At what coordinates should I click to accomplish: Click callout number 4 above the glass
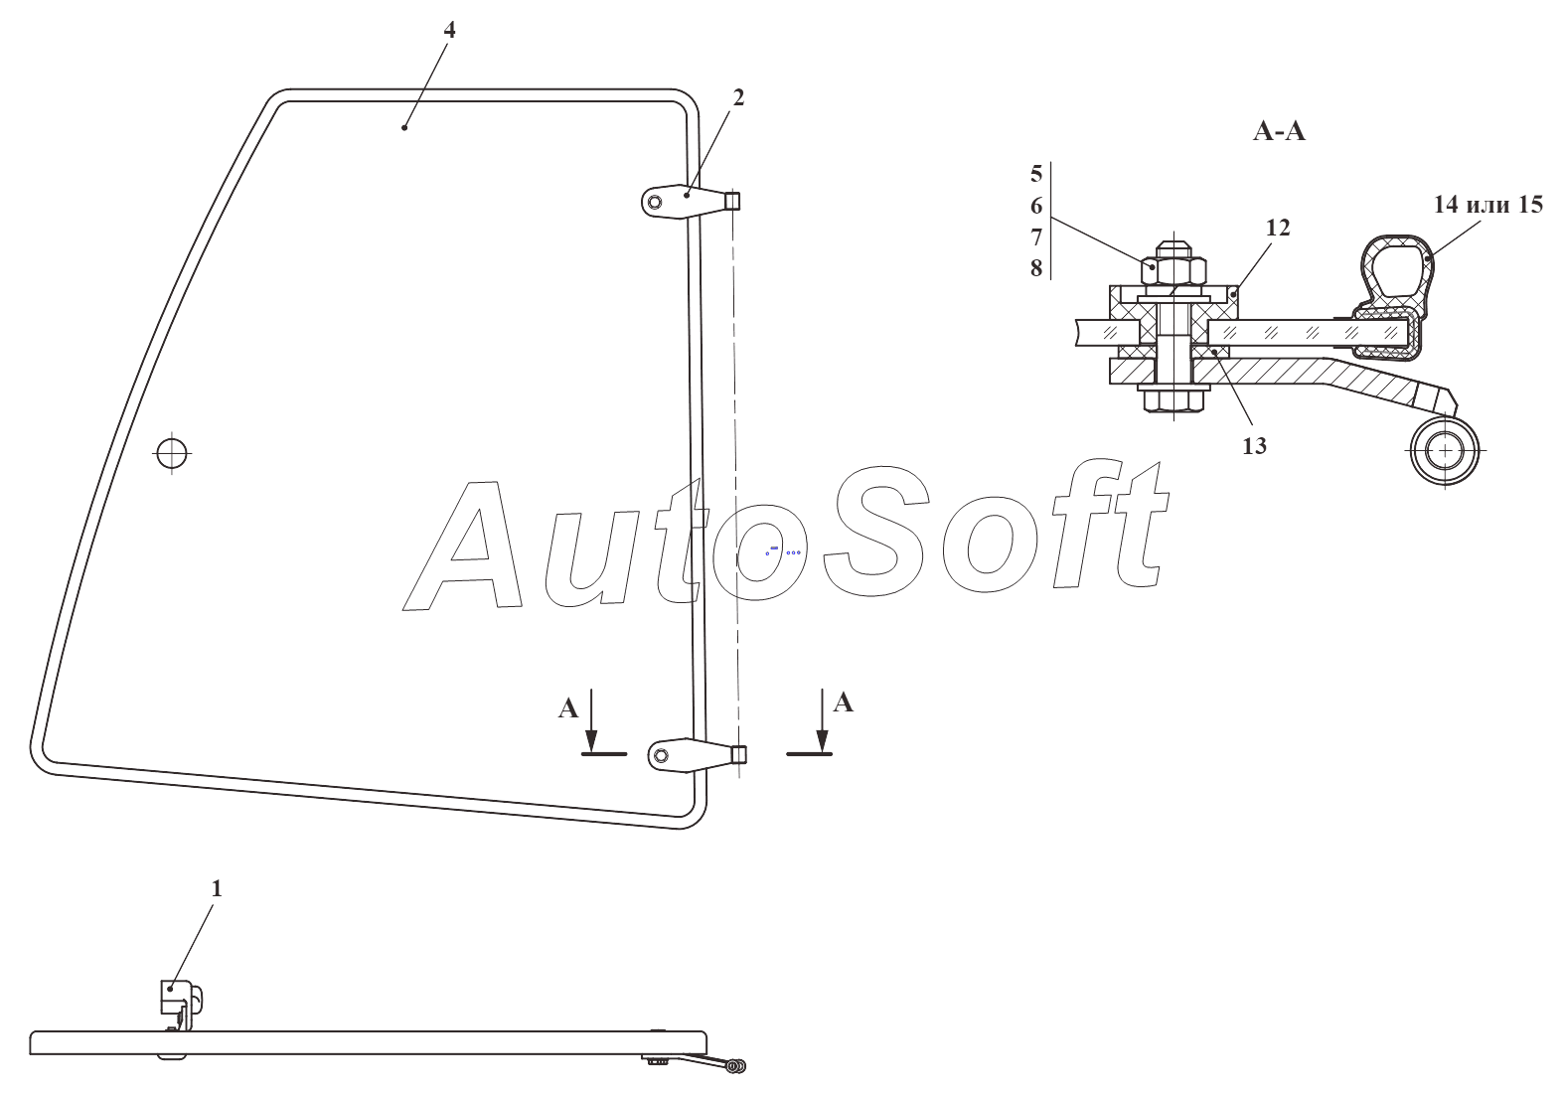click(x=449, y=30)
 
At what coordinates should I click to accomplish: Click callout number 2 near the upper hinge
click(x=738, y=97)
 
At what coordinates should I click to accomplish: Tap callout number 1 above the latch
click(x=217, y=889)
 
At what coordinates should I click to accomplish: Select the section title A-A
click(x=1279, y=131)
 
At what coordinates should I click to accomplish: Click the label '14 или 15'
click(x=1487, y=205)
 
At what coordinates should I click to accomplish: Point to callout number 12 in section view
click(x=1278, y=228)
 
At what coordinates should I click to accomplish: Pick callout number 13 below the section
click(x=1254, y=446)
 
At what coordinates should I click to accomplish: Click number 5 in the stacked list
click(x=1036, y=174)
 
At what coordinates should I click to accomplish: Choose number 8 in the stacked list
click(x=1036, y=268)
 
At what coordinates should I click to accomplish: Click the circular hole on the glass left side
click(x=172, y=453)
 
